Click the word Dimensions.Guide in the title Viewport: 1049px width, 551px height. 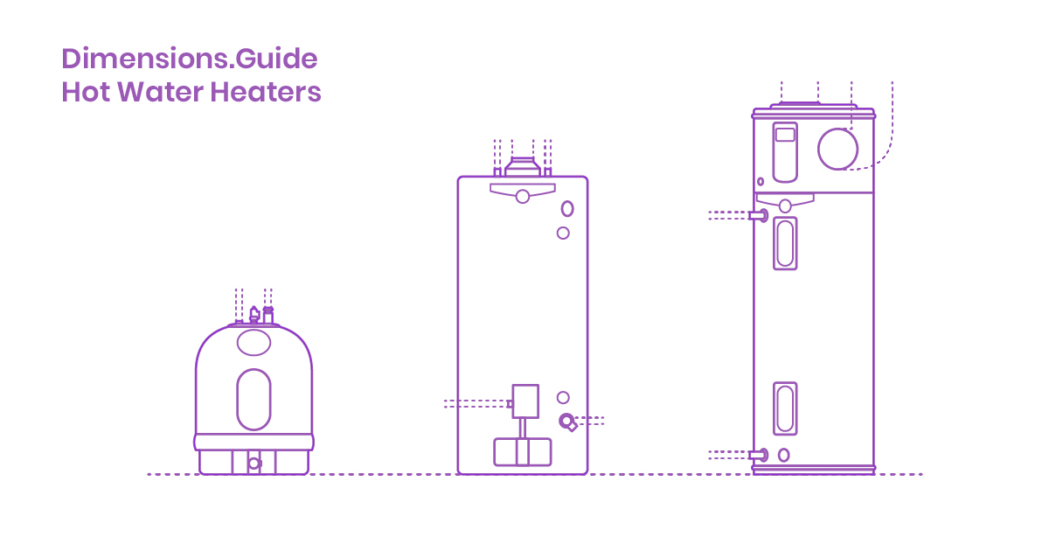(x=189, y=59)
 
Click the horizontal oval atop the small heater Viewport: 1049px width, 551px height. (x=254, y=343)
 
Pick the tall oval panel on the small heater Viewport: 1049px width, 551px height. (x=254, y=399)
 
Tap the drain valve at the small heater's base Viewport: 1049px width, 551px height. (x=254, y=463)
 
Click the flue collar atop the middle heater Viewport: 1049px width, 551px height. (x=522, y=167)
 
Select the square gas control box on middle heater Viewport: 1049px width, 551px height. (x=525, y=401)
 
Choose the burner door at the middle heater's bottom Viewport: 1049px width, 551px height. (x=522, y=451)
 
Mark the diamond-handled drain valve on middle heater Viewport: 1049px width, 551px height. (x=569, y=423)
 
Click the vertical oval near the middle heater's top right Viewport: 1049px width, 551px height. (x=567, y=209)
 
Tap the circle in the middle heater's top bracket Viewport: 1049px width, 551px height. (x=522, y=196)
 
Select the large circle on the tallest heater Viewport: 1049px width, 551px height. (x=838, y=149)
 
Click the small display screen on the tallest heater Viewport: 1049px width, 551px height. (x=785, y=135)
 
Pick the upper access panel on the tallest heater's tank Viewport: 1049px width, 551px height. (x=785, y=243)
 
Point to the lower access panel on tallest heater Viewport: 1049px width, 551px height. (x=785, y=408)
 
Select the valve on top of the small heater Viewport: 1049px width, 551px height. (x=254, y=314)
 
